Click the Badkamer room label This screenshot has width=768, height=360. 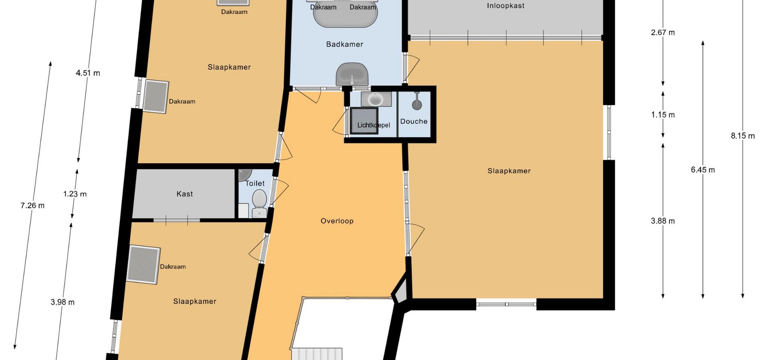pos(344,44)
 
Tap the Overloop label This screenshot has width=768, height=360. pos(337,221)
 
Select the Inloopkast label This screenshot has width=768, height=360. pos(506,6)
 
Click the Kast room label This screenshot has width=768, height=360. pos(185,194)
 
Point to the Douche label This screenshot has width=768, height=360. pos(414,121)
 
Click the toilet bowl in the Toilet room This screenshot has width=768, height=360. pos(260,204)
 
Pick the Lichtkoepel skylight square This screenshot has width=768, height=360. pos(364,120)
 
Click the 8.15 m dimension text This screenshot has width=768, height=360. pos(743,136)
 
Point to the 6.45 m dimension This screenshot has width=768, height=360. pos(703,170)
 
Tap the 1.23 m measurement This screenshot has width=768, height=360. pos(75,194)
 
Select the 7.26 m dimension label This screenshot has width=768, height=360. pos(32,206)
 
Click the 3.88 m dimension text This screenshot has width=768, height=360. pos(663,221)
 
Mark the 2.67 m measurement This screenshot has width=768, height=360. pos(663,32)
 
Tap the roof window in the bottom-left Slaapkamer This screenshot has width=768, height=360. pos(143,265)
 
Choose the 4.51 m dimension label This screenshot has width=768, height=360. pos(88,73)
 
